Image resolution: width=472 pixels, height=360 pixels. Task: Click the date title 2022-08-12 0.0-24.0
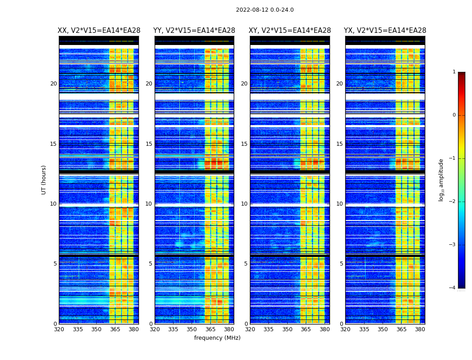click(265, 10)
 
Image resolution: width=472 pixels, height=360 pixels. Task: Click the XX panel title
click(99, 31)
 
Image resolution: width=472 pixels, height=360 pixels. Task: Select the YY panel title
click(194, 31)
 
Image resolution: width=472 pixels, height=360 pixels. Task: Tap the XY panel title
click(290, 31)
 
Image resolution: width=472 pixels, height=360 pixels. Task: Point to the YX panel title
click(385, 31)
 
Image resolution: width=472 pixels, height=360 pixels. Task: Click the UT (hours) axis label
click(44, 180)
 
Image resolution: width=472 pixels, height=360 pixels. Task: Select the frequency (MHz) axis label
click(217, 338)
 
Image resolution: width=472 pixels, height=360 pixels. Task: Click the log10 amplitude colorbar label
click(441, 180)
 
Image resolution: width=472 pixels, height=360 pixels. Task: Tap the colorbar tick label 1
click(454, 72)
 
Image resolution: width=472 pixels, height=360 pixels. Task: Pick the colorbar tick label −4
click(452, 288)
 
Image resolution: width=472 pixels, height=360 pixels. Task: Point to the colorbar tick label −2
click(452, 202)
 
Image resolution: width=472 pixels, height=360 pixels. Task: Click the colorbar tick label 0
click(454, 115)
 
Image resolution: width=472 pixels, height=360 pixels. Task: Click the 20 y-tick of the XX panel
click(53, 84)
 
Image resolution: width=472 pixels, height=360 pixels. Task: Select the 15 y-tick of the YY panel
click(149, 144)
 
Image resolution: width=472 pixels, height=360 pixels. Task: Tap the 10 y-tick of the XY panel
click(244, 204)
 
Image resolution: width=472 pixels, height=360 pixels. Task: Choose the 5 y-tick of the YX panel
click(341, 264)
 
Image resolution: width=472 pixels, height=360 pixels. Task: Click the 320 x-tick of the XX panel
click(59, 329)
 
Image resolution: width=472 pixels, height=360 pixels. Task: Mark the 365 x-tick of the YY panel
click(210, 329)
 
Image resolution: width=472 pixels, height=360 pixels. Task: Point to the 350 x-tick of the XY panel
click(287, 329)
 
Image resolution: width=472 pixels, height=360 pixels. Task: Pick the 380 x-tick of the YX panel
click(420, 329)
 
